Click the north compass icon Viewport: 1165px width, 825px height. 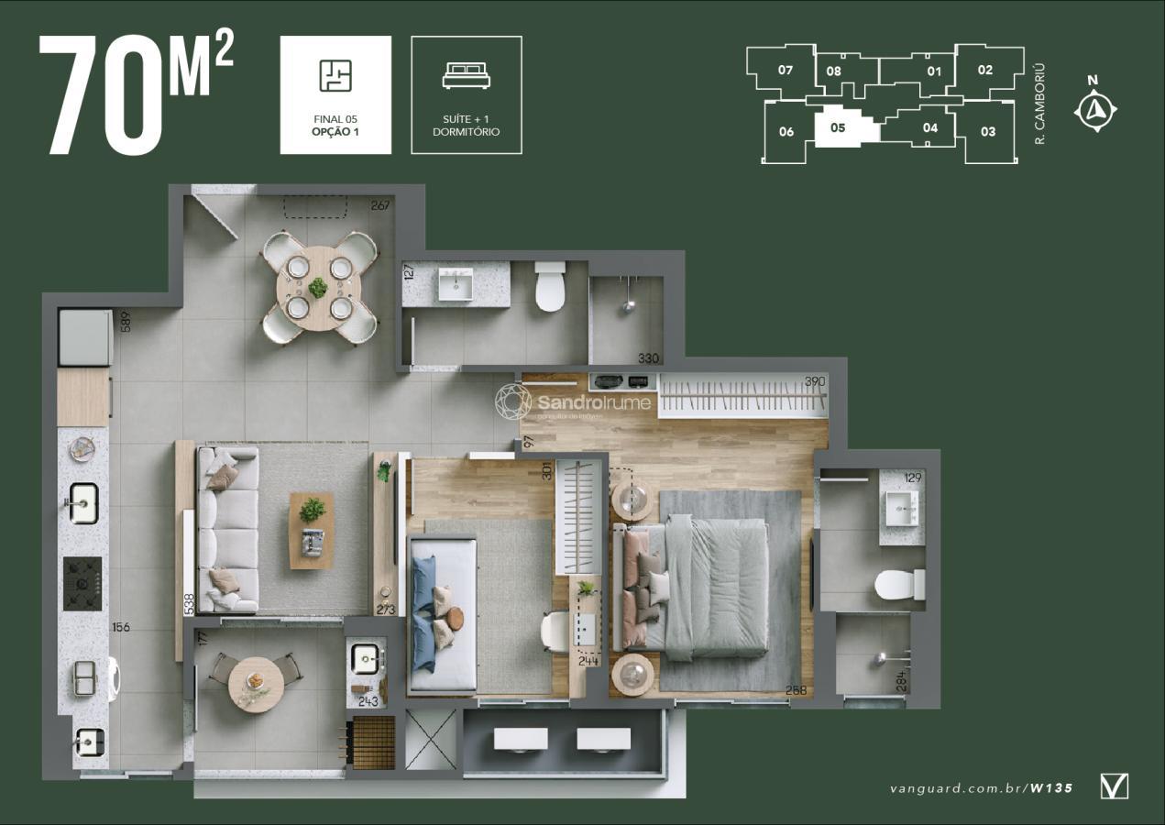pos(1094,111)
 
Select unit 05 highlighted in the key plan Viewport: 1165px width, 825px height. pos(838,128)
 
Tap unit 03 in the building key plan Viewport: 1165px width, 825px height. pos(987,132)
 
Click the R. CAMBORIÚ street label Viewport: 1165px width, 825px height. pos(1039,104)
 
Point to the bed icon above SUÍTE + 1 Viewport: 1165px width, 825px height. pos(466,76)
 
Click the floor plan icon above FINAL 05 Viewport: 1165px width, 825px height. pos(335,76)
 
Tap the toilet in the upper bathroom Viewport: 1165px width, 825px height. pos(550,286)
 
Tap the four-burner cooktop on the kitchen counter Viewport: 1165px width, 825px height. pos(82,584)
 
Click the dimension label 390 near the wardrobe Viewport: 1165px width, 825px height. pos(814,381)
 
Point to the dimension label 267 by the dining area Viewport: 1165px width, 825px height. pos(380,205)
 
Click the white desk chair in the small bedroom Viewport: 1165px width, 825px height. pos(555,632)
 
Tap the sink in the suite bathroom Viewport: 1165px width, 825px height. pos(902,507)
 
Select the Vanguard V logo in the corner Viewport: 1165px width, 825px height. pos(1114,786)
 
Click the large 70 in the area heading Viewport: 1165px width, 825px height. pos(100,96)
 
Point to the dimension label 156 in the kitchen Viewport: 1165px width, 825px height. pos(121,627)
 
